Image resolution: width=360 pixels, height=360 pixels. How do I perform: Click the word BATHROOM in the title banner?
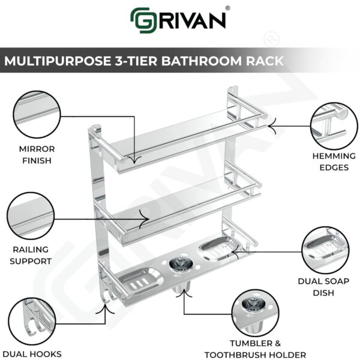[x=184, y=61]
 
